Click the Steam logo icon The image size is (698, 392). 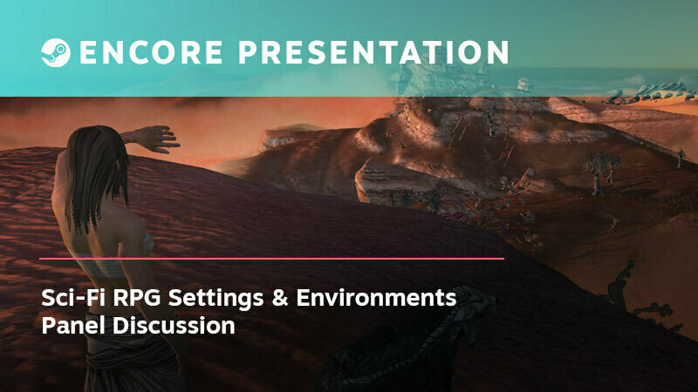(x=56, y=52)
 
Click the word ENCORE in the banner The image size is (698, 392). (x=151, y=52)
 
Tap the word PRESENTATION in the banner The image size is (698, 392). (x=373, y=52)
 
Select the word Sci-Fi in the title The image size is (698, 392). (x=73, y=297)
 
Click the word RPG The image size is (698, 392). (x=137, y=297)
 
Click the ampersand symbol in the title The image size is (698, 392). (x=279, y=297)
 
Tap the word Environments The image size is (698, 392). (x=376, y=297)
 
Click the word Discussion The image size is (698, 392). (x=174, y=325)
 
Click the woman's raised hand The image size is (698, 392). (x=156, y=139)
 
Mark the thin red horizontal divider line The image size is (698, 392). (x=271, y=258)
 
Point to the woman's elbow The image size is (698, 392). (x=126, y=138)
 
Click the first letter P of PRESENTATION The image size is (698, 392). (x=249, y=52)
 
